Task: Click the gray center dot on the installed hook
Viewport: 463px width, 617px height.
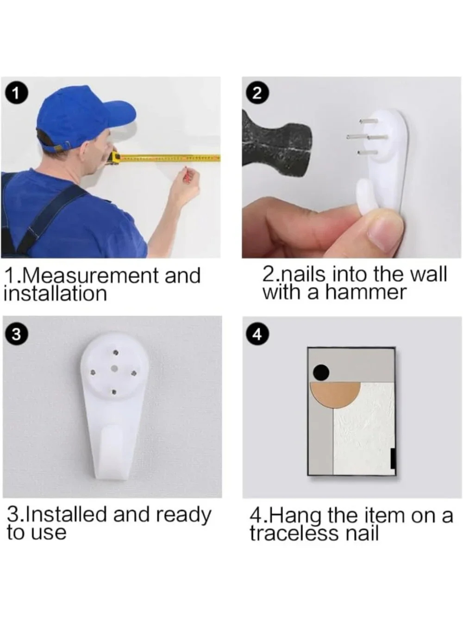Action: click(114, 368)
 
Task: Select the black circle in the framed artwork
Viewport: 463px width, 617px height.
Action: click(321, 373)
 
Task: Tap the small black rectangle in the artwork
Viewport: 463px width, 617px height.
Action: click(393, 459)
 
